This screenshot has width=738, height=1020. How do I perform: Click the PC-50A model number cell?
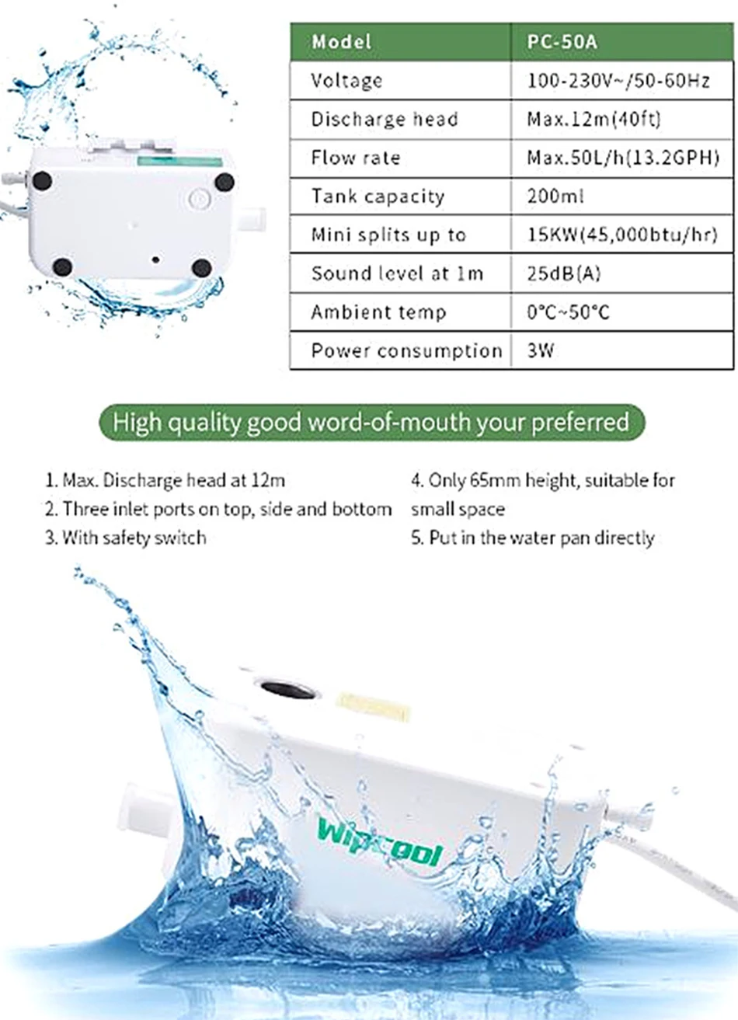pyautogui.click(x=562, y=42)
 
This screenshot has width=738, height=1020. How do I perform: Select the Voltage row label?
pyautogui.click(x=346, y=81)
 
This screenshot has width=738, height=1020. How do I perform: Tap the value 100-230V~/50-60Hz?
pyautogui.click(x=618, y=81)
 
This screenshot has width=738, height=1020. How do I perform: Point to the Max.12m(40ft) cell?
pyautogui.click(x=594, y=120)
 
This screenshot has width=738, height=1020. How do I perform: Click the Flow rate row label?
pyautogui.click(x=356, y=158)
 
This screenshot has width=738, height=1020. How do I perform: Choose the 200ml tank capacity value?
pyautogui.click(x=555, y=197)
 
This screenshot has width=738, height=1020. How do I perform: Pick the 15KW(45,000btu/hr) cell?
pyautogui.click(x=622, y=235)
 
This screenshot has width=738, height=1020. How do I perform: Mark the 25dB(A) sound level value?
pyautogui.click(x=564, y=273)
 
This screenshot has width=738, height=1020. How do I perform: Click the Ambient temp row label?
pyautogui.click(x=378, y=312)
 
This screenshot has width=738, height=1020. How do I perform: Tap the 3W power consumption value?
pyautogui.click(x=541, y=350)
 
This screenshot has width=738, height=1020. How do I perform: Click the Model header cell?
pyautogui.click(x=342, y=42)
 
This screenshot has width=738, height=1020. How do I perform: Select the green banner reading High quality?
pyautogui.click(x=371, y=423)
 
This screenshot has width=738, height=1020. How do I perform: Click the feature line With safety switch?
pyautogui.click(x=126, y=538)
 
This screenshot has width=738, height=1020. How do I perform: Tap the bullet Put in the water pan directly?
pyautogui.click(x=533, y=538)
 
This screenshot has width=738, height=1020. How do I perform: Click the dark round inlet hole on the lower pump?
pyautogui.click(x=287, y=690)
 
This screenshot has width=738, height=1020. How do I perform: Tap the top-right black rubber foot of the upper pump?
pyautogui.click(x=225, y=183)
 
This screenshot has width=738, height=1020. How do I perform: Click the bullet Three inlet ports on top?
pyautogui.click(x=218, y=510)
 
